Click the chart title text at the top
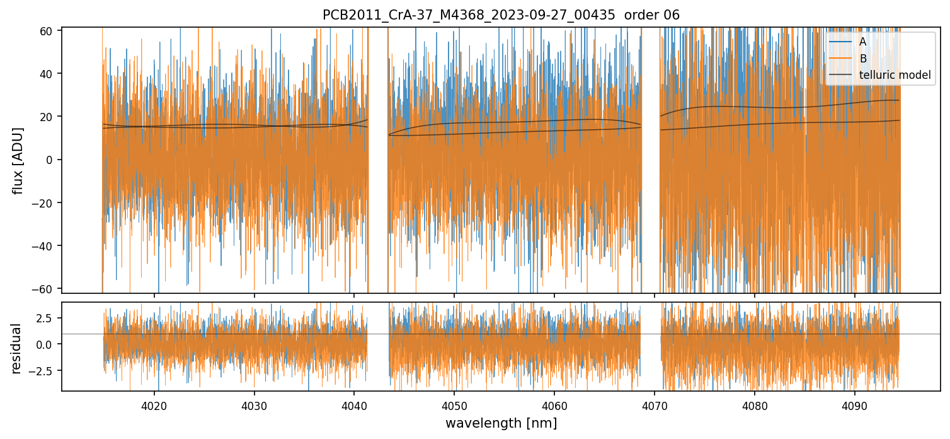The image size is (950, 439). point(501,15)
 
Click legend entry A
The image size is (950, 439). point(863,42)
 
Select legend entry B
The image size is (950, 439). point(863,59)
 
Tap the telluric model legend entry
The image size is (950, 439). point(895,75)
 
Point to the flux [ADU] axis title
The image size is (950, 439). point(19,160)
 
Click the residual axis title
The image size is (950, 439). point(16,348)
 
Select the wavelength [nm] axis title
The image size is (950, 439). point(501,423)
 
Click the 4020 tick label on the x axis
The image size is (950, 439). point(154,405)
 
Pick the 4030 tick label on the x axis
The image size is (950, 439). point(255,405)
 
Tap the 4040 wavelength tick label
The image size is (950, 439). point(354,405)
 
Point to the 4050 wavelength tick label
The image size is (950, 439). point(454,405)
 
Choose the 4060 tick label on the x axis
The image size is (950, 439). point(554,405)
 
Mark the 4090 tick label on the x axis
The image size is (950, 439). point(854,405)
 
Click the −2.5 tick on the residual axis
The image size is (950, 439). point(43,370)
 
